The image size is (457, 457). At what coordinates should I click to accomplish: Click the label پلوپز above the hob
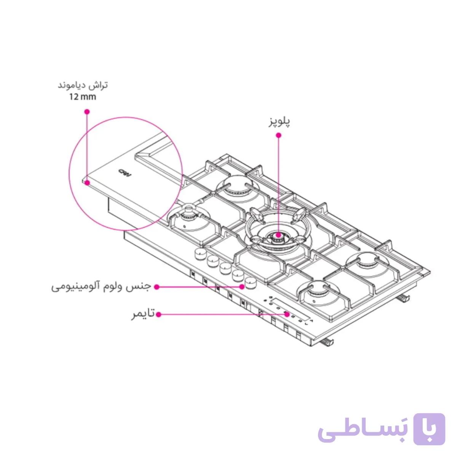click(x=279, y=122)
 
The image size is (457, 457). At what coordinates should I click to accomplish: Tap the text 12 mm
click(x=83, y=97)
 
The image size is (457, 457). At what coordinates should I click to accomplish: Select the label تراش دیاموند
click(x=83, y=85)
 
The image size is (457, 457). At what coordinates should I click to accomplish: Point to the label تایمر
click(x=143, y=314)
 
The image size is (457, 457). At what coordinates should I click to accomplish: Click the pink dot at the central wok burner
click(x=279, y=235)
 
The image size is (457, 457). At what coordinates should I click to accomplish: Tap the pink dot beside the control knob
click(x=242, y=286)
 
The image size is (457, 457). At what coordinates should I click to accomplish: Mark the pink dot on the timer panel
click(x=287, y=314)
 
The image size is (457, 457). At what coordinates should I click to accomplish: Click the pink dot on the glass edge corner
click(x=87, y=183)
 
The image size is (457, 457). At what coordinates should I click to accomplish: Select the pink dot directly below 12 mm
click(x=87, y=112)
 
